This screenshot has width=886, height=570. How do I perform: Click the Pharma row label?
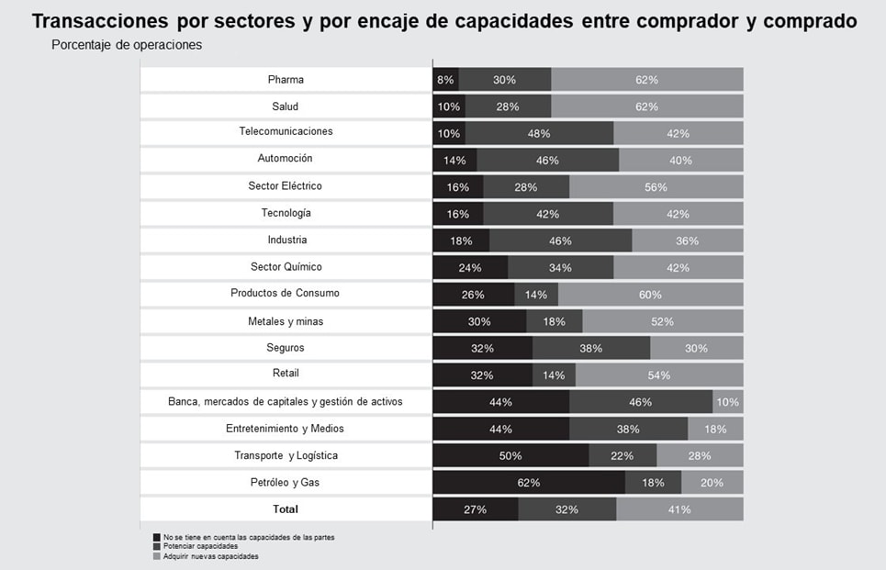pos(286,80)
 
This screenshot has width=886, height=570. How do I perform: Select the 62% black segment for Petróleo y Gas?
pos(529,483)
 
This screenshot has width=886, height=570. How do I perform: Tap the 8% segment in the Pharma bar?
pos(445,80)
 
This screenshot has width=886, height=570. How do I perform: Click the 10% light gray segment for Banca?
pos(728,402)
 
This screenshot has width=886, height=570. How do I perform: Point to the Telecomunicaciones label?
pos(286,131)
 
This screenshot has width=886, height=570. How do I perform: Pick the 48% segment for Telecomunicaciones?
pos(539,133)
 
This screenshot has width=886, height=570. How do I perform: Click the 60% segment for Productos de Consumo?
pos(650,295)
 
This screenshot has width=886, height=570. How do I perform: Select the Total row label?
pos(286,509)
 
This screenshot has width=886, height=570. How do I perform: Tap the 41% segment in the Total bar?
pos(679,509)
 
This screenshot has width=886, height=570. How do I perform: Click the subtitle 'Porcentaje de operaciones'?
pos(127,45)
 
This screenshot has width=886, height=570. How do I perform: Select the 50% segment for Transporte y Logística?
pos(510,456)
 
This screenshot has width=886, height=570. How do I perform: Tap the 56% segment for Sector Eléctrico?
pos(656,187)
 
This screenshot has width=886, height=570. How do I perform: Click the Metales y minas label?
pos(286,321)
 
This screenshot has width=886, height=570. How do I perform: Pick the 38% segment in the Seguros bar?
pos(590,349)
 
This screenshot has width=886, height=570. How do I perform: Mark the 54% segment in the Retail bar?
pos(658,375)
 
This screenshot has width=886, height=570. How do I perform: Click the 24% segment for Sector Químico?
pos(470,268)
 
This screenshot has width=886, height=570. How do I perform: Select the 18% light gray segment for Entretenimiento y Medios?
pos(715,429)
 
